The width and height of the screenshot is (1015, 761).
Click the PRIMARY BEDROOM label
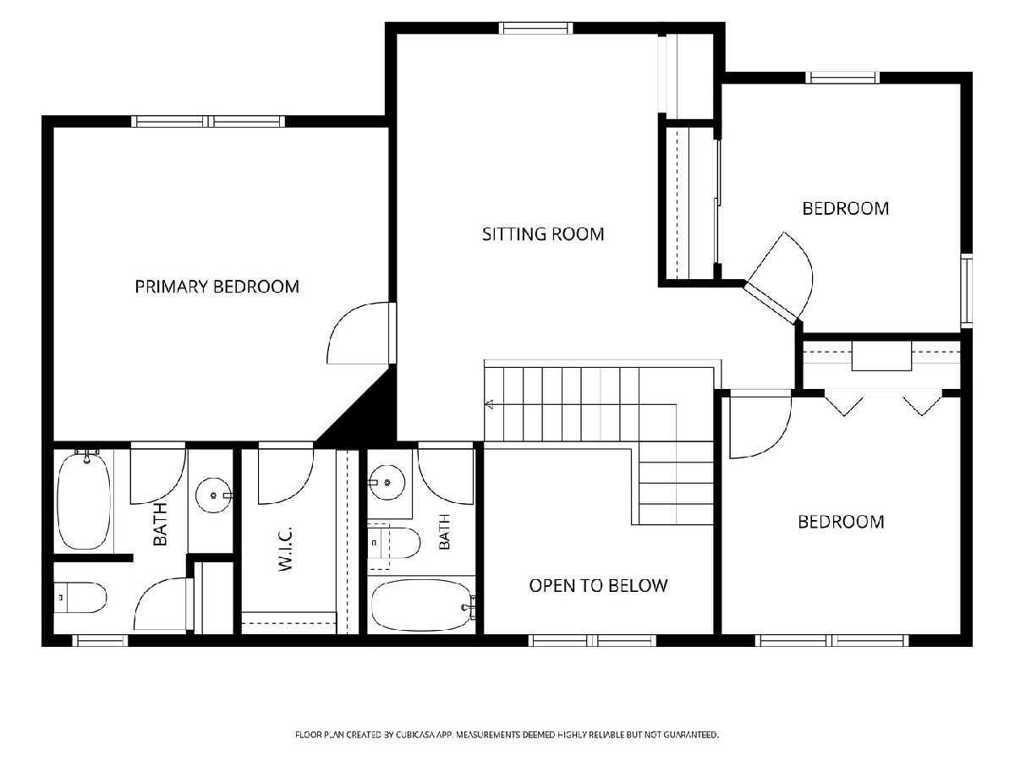(x=217, y=287)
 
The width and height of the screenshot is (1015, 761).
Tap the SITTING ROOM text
(x=543, y=234)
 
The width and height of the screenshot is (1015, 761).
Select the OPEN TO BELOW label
(x=598, y=586)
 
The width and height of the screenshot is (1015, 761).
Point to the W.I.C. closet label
(x=286, y=549)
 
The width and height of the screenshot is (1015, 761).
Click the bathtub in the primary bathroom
(x=84, y=501)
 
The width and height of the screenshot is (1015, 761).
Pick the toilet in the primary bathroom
(x=80, y=598)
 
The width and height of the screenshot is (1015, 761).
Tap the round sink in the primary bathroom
(x=214, y=495)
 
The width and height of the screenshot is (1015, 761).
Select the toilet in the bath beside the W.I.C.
(x=394, y=543)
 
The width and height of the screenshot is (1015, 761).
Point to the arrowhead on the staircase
(x=489, y=405)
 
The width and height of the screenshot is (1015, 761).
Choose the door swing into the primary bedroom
(x=359, y=332)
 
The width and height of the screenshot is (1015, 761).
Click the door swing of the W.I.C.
(x=286, y=474)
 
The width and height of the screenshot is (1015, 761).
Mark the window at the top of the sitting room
(x=535, y=28)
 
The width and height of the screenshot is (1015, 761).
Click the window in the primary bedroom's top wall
(x=208, y=122)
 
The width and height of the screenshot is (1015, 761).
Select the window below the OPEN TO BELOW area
(x=592, y=640)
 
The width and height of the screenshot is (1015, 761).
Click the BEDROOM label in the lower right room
(x=841, y=522)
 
